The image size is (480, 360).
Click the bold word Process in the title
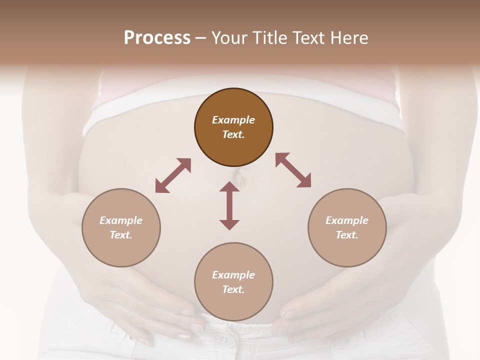pyautogui.click(x=157, y=38)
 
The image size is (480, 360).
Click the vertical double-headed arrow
pyautogui.click(x=229, y=205)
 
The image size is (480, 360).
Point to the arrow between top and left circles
pyautogui.click(x=173, y=175)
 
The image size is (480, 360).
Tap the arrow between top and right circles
pyautogui.click(x=293, y=170)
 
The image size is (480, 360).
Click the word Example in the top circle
pyautogui.click(x=233, y=120)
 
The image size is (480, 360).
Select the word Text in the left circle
pyautogui.click(x=121, y=235)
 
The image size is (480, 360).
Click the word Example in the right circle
pyautogui.click(x=347, y=220)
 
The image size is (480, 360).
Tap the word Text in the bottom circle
pyautogui.click(x=233, y=289)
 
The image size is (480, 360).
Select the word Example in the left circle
pyautogui.click(x=121, y=220)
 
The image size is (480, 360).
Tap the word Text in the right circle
pyautogui.click(x=347, y=235)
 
